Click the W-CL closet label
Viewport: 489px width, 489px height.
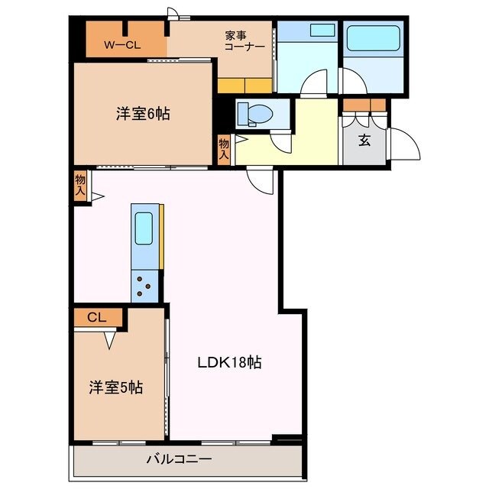click(122, 45)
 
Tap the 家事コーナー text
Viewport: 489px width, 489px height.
click(244, 40)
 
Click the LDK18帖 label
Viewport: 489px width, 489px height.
click(230, 362)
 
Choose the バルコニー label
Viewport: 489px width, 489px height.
click(180, 459)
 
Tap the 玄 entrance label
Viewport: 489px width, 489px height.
click(365, 139)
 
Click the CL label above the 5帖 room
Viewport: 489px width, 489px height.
click(96, 316)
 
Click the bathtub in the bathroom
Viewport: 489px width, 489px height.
click(373, 38)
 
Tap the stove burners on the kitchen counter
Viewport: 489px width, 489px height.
click(144, 287)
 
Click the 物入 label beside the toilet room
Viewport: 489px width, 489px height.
click(224, 147)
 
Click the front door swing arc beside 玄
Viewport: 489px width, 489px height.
click(405, 145)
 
